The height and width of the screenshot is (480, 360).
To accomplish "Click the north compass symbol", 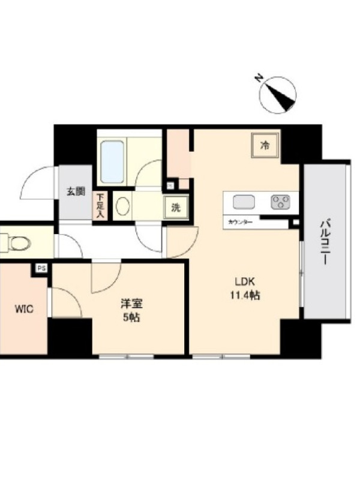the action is (x=278, y=95).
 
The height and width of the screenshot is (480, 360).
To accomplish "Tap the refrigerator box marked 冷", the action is (x=265, y=145).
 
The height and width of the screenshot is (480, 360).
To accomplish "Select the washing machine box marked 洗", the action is (x=176, y=208).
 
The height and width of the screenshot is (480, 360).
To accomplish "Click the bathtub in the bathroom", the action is (x=112, y=161).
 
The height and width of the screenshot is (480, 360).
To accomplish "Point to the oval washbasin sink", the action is (x=123, y=206).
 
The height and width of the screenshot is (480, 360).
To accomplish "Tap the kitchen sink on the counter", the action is (x=244, y=202).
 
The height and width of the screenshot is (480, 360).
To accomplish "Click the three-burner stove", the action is (x=280, y=202).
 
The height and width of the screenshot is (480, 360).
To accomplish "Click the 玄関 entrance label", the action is (x=76, y=192).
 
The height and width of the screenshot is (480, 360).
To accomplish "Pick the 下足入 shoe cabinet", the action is (x=99, y=206).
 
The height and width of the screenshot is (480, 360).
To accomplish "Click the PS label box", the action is (x=41, y=268).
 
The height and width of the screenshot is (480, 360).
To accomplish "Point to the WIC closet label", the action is (x=24, y=309).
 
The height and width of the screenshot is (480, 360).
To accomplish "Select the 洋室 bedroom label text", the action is (x=131, y=304).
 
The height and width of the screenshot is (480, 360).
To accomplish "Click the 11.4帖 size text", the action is (x=245, y=295).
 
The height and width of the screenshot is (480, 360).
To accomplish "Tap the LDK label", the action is (x=245, y=281).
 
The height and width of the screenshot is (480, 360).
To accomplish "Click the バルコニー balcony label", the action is (x=325, y=242).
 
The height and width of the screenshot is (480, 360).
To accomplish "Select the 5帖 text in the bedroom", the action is (x=131, y=318).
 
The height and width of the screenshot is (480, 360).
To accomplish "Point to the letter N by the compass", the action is (x=259, y=78).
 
